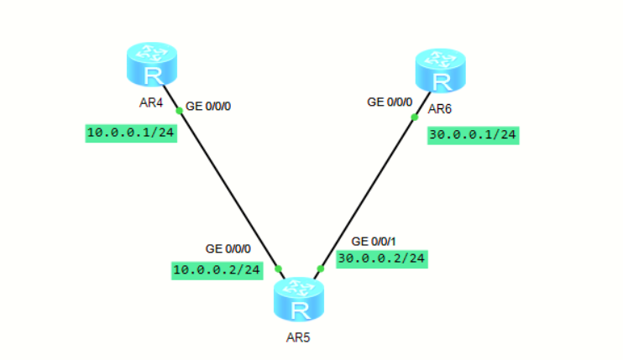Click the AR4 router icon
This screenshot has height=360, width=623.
tap(153, 66)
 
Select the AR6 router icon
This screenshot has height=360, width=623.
tap(440, 70)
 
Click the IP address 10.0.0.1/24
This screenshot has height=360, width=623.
tap(130, 133)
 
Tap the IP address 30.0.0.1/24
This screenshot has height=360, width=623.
tap(474, 134)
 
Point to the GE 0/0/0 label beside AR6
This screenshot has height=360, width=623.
tap(390, 102)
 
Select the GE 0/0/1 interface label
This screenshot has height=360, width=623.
tap(374, 241)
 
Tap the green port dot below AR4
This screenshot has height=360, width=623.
tap(179, 110)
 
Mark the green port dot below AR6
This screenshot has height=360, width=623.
tap(414, 117)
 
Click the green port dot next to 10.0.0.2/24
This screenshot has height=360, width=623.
tap(278, 269)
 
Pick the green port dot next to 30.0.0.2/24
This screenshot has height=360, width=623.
tap(320, 269)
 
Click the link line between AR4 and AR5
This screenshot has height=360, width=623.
tap(228, 188)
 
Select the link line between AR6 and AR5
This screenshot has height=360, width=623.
tap(367, 193)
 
